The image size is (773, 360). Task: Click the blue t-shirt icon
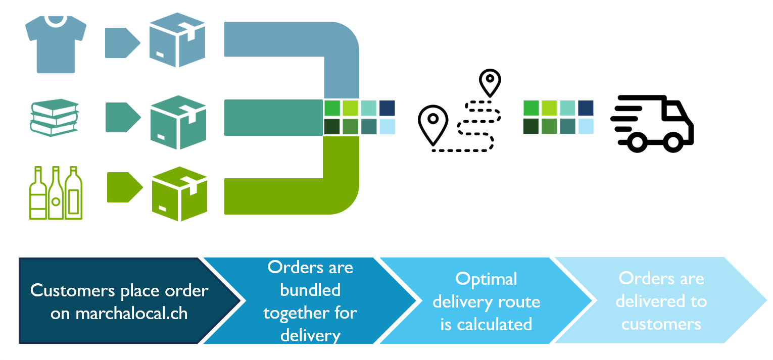[56, 44]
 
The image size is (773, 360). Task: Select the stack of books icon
[55, 117]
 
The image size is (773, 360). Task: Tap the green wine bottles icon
[56, 192]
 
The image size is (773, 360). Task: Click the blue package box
[177, 40]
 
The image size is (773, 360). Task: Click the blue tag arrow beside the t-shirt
[122, 42]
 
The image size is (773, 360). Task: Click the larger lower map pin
[433, 124]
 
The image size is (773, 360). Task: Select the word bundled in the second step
[310, 290]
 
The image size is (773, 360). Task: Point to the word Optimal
[486, 279]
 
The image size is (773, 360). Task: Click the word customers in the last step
[661, 324]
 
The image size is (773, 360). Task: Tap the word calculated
[486, 324]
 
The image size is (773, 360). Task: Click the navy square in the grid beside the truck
[586, 108]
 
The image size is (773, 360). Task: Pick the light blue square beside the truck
[586, 126]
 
